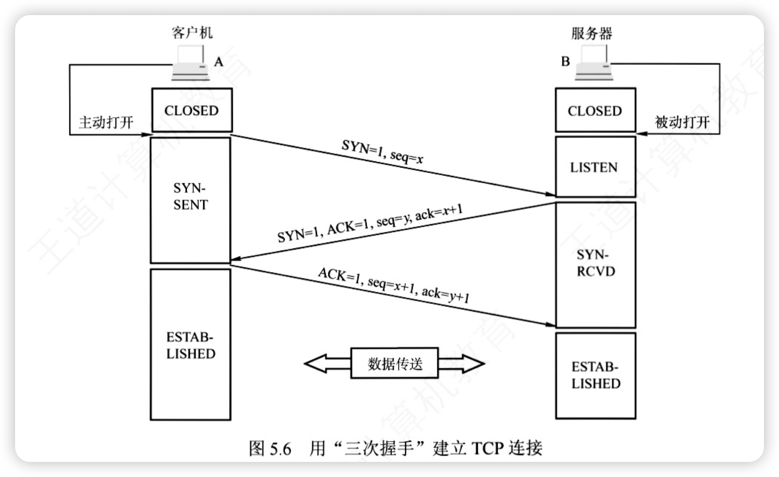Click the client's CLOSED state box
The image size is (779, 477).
click(192, 110)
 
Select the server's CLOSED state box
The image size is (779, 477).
click(595, 110)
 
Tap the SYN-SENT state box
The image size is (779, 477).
click(190, 200)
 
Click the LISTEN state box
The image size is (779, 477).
click(595, 167)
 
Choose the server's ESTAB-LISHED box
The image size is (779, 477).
click(595, 375)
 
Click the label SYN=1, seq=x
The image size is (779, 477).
click(382, 151)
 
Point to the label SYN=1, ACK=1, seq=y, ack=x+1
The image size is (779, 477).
click(370, 223)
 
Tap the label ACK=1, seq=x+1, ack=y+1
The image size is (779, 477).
click(393, 285)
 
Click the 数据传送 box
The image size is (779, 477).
click(395, 363)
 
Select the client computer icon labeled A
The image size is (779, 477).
click(191, 64)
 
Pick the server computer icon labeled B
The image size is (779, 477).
click(594, 64)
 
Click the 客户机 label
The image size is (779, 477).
click(192, 33)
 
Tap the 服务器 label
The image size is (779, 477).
click(592, 33)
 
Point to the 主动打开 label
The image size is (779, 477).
click(106, 122)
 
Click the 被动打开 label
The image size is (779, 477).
click(682, 122)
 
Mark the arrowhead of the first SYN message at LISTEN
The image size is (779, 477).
click(551, 194)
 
